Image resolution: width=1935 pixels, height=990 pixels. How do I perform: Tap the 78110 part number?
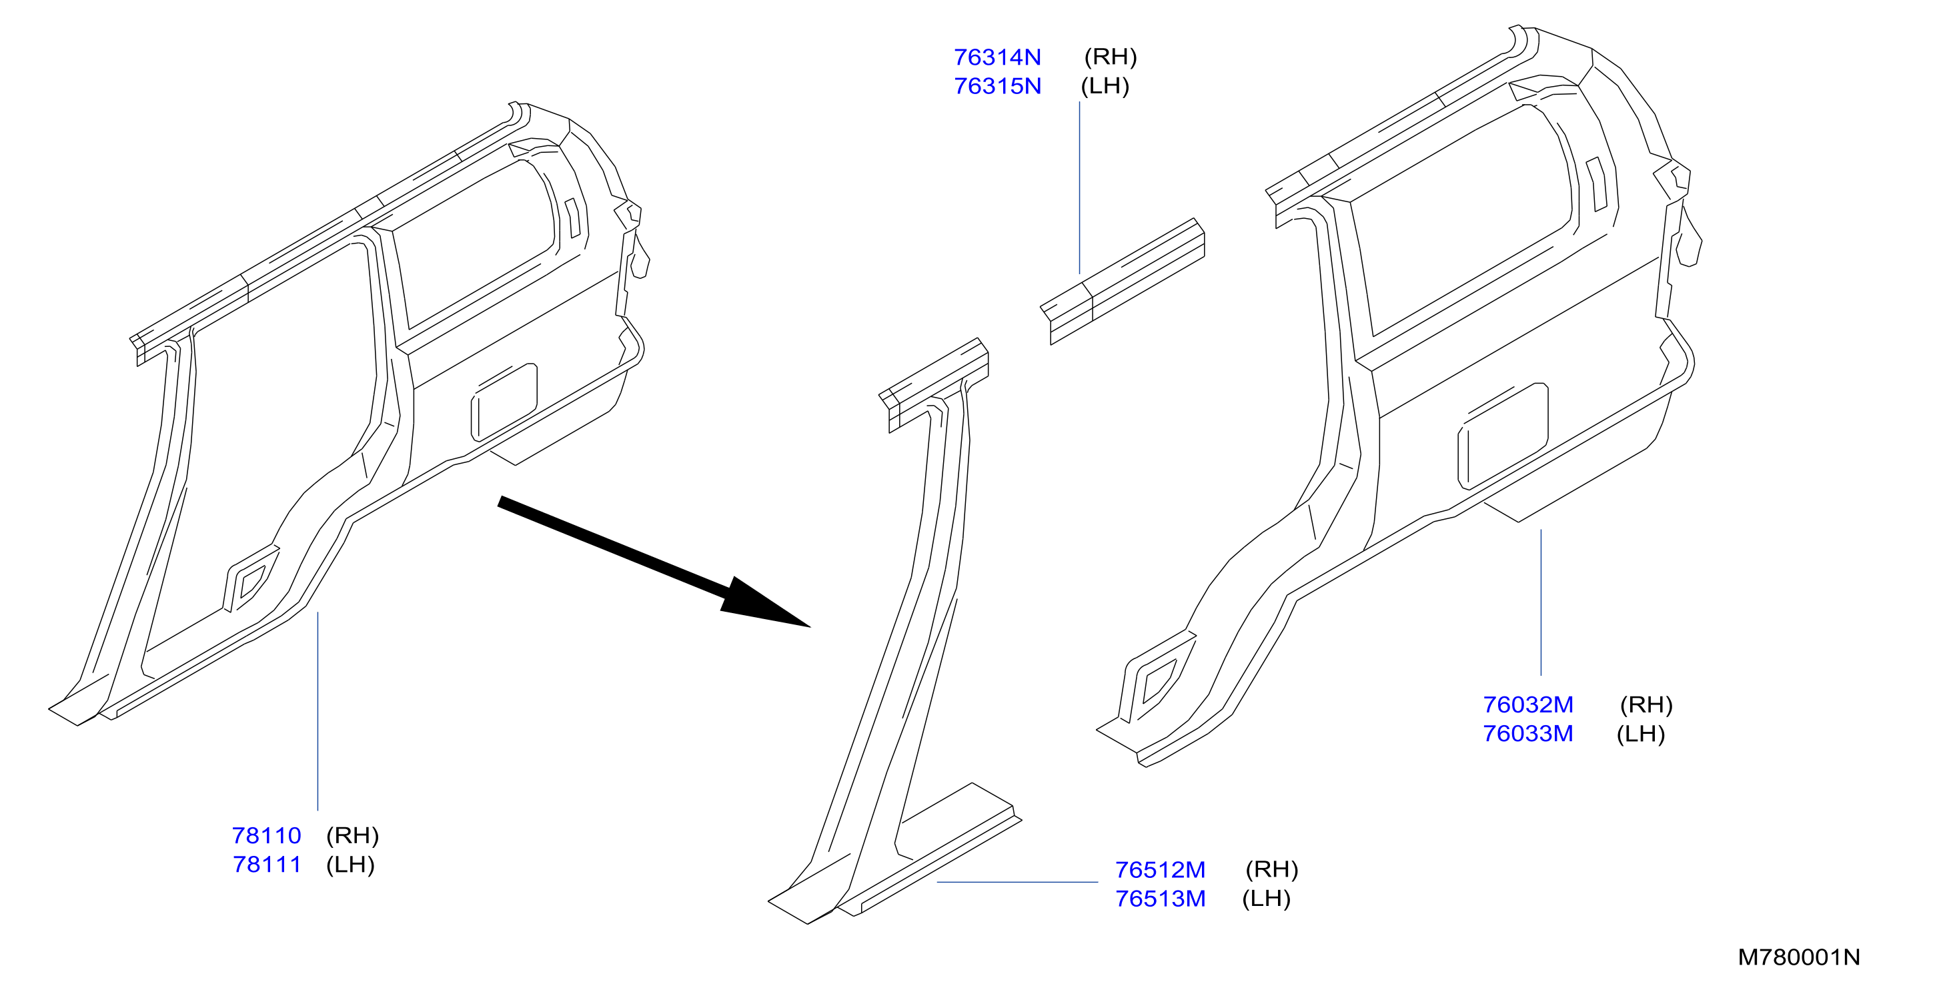click(x=267, y=835)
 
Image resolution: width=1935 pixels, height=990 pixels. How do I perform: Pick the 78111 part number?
click(x=267, y=865)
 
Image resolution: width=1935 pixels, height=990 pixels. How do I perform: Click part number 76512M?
click(x=1160, y=870)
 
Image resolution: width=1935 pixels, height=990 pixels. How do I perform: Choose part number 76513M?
click(x=1160, y=899)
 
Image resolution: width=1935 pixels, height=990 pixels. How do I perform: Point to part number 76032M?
click(x=1528, y=704)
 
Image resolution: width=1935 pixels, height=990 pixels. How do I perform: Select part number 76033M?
click(x=1528, y=734)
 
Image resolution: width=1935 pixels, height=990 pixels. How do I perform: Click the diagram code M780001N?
click(x=1799, y=958)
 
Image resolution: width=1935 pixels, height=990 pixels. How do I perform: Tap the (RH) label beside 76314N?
click(x=1110, y=57)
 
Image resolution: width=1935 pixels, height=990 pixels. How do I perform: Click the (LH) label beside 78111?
click(x=350, y=865)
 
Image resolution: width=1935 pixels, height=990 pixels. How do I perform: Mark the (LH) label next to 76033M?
click(x=1641, y=734)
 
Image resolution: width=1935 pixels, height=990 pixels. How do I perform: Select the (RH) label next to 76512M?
click(x=1272, y=870)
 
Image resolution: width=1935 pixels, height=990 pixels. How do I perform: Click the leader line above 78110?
click(x=317, y=711)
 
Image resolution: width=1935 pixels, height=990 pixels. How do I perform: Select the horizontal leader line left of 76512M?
click(x=1017, y=882)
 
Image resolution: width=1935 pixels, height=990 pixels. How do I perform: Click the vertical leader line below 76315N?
click(x=1079, y=187)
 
